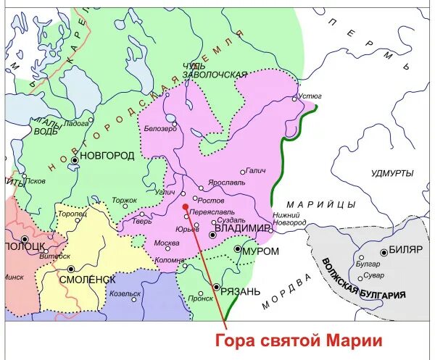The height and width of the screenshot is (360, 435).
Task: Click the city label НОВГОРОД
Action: coord(108,156)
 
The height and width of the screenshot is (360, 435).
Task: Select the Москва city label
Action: coord(167,243)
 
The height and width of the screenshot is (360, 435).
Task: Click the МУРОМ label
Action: coord(262,251)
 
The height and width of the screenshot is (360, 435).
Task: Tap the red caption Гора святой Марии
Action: coord(298,340)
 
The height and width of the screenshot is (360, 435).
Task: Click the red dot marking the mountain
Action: coord(186,206)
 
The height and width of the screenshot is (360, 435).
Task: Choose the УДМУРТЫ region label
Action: coord(391,173)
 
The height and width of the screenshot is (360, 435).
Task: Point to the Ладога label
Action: coord(75,124)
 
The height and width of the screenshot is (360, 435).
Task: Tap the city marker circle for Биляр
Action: coord(384,252)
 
